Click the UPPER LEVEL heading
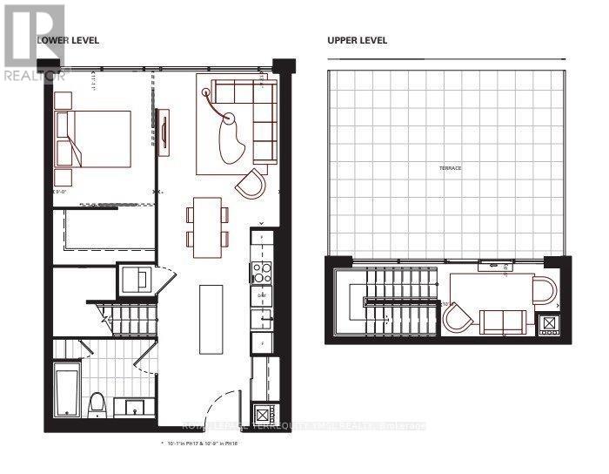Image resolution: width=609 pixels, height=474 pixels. point(357,40)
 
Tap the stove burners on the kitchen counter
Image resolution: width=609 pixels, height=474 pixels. point(262,272)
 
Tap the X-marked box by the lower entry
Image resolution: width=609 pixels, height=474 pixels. point(264,415)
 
